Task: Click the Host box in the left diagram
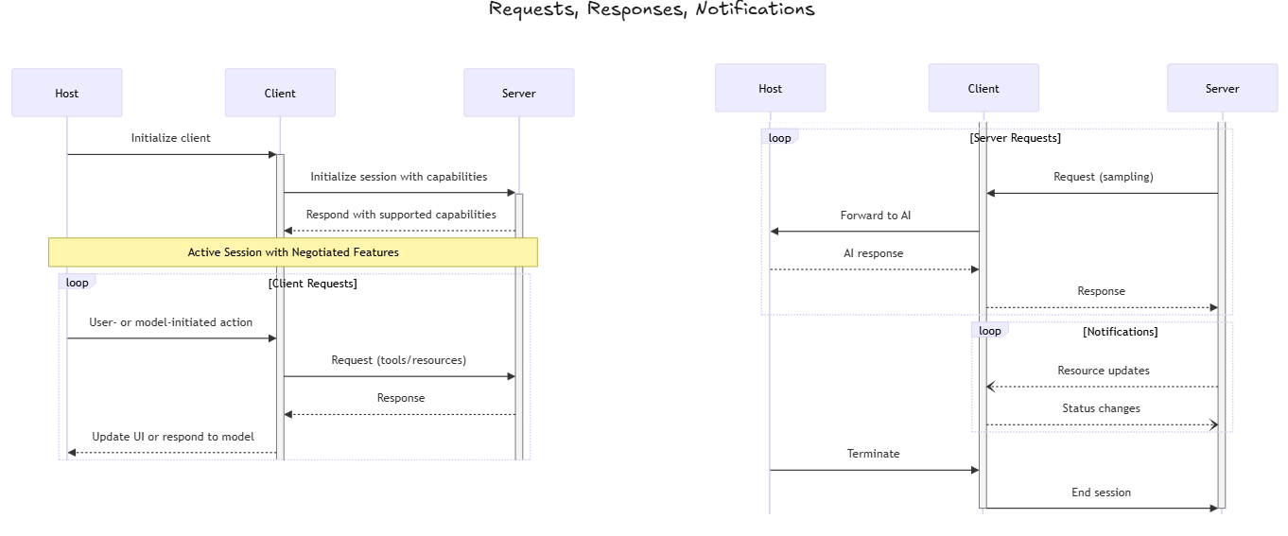tap(66, 93)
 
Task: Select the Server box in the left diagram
tap(518, 93)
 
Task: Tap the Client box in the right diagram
tap(983, 88)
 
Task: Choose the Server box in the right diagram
tap(1222, 88)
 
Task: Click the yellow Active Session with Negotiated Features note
tap(293, 252)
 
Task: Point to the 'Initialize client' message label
tap(170, 138)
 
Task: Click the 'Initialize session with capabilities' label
tap(398, 177)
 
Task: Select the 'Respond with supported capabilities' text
tap(400, 215)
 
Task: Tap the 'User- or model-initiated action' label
tap(170, 322)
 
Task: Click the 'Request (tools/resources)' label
tap(398, 360)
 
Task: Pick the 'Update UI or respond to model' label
tap(172, 437)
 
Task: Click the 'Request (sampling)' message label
tap(1103, 177)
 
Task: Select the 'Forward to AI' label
tap(876, 216)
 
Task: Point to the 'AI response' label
tap(873, 253)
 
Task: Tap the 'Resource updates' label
tap(1103, 371)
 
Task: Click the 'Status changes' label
tap(1101, 408)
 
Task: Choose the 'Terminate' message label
tap(873, 454)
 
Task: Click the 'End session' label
tap(1101, 493)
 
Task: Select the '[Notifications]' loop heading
tap(1120, 332)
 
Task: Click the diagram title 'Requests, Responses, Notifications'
tap(651, 9)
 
